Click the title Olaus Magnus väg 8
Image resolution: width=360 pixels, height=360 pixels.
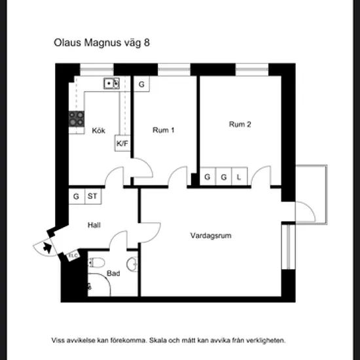point(101,43)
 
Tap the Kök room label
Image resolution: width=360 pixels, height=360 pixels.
point(98,130)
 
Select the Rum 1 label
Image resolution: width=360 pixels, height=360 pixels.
point(164,130)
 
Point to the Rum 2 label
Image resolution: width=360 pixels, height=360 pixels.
point(240,124)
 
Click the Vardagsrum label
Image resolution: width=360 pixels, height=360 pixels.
point(211,236)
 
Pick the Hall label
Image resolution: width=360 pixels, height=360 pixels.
point(94,225)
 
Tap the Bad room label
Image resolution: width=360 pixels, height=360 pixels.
point(113,273)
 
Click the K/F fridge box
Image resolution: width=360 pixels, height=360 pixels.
point(122,143)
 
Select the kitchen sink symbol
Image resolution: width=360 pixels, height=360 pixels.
point(111,83)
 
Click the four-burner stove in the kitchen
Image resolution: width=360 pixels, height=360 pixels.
point(77,118)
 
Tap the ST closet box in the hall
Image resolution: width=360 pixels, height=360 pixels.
point(93,196)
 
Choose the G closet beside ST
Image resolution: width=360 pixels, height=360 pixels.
point(77,196)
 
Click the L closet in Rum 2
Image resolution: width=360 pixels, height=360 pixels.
point(240,176)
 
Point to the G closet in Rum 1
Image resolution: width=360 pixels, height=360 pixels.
point(141,84)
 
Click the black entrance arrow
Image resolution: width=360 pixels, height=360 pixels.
point(47,247)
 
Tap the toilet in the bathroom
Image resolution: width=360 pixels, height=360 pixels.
point(96,263)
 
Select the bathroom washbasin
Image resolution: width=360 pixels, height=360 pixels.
point(132,264)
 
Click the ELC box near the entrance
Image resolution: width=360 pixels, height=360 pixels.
point(73,255)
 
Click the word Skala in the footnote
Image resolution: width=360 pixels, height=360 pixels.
point(158,340)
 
